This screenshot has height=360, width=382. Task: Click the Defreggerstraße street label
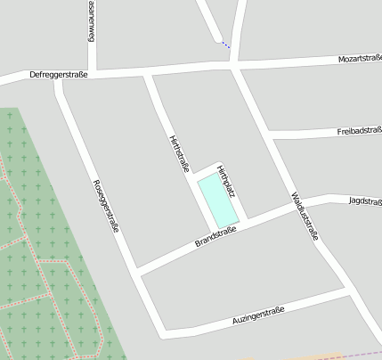tap(59, 75)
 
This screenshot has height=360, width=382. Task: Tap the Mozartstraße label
tap(359, 59)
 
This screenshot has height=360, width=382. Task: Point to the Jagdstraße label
tap(365, 200)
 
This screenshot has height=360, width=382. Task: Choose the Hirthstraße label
tap(179, 152)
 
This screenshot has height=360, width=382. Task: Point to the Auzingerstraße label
tap(257, 312)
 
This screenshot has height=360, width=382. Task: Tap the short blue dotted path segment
tap(225, 43)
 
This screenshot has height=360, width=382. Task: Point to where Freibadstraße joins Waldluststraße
tap(268, 134)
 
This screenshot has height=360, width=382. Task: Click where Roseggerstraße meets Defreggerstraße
tap(59, 82)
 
